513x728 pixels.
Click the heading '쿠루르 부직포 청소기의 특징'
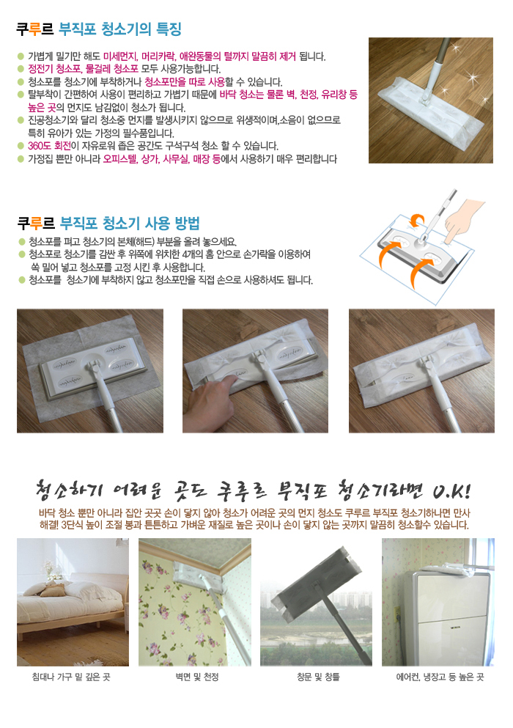coord(98,29)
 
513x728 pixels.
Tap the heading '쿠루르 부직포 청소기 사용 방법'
coord(108,224)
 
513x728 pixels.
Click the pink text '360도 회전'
coord(50,146)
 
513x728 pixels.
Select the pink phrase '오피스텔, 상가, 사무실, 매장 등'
coord(161,159)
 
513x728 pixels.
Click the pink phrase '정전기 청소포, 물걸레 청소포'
coord(83,69)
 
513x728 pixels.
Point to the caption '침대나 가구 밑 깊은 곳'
coord(71,677)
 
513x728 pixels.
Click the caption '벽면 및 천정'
coord(197,677)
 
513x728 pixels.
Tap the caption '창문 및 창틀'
coord(319,677)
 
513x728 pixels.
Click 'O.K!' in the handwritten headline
coord(451,490)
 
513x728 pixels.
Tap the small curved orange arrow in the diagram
coord(417,220)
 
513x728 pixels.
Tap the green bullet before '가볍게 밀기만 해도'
coord(21,56)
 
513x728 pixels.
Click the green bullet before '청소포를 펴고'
coord(22,241)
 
